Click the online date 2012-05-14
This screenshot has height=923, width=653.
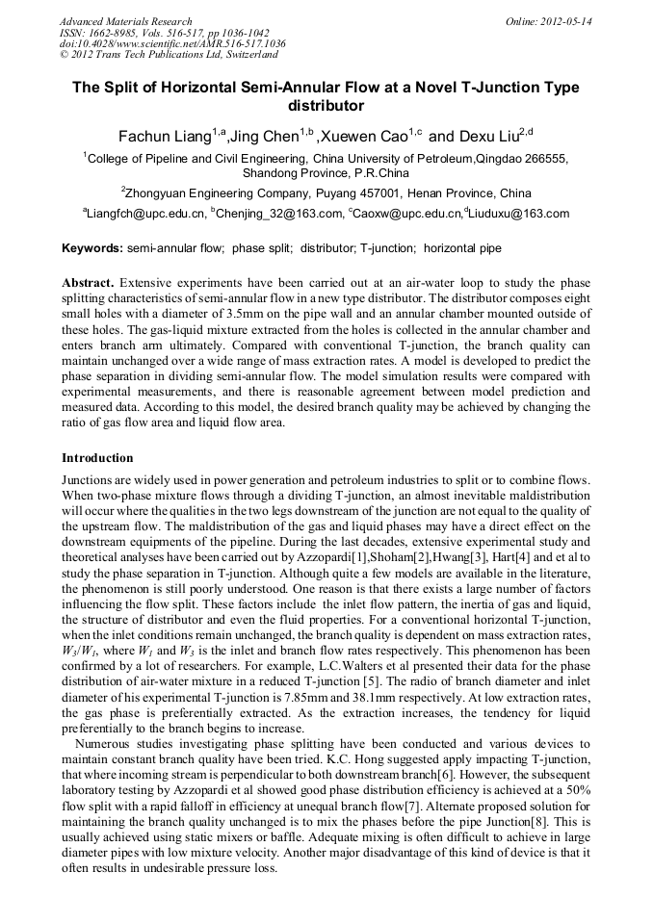567,21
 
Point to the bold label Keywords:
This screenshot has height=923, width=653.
92,248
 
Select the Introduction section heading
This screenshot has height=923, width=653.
97,458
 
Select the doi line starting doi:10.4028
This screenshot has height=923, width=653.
172,43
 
